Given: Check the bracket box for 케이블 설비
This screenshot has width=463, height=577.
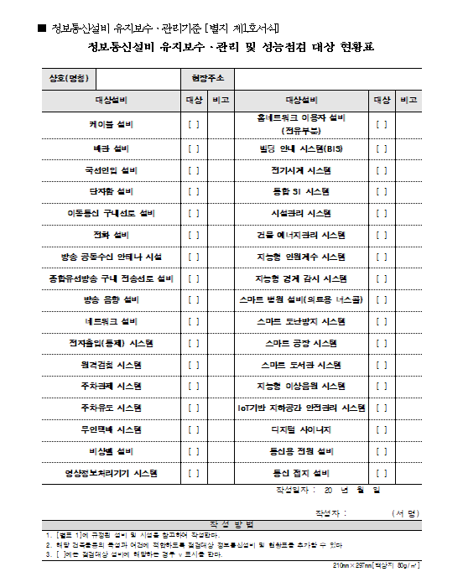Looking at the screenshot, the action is (193, 125).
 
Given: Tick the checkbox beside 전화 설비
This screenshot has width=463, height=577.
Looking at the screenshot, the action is (193, 235).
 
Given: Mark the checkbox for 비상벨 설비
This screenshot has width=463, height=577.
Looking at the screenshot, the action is (193, 451).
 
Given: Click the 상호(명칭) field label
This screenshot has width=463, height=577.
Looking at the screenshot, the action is (69, 79).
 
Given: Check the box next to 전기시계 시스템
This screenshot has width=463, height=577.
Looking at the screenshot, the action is (382, 169).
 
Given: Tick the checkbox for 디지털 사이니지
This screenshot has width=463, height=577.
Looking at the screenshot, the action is (382, 430).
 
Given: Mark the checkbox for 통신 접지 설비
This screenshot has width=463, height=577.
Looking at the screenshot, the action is (382, 473).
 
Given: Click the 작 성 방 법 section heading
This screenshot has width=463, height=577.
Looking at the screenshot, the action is (231, 524).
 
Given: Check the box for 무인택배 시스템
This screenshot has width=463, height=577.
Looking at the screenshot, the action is (193, 429).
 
